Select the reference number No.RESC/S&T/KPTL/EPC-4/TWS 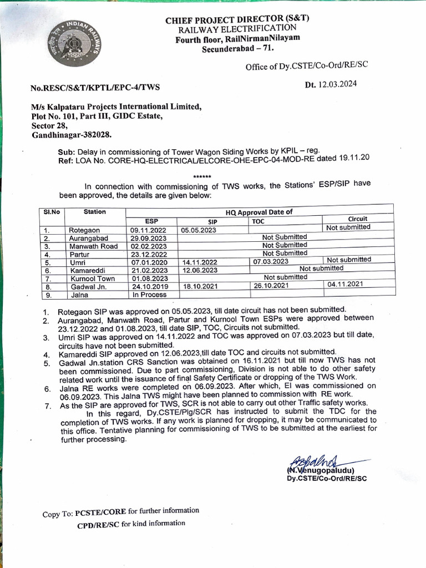click(95, 88)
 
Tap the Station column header click(95, 211)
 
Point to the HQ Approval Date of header click(258, 212)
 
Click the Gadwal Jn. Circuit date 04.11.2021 click(345, 284)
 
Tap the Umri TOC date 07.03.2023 click(271, 261)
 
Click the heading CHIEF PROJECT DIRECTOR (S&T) click(237, 19)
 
